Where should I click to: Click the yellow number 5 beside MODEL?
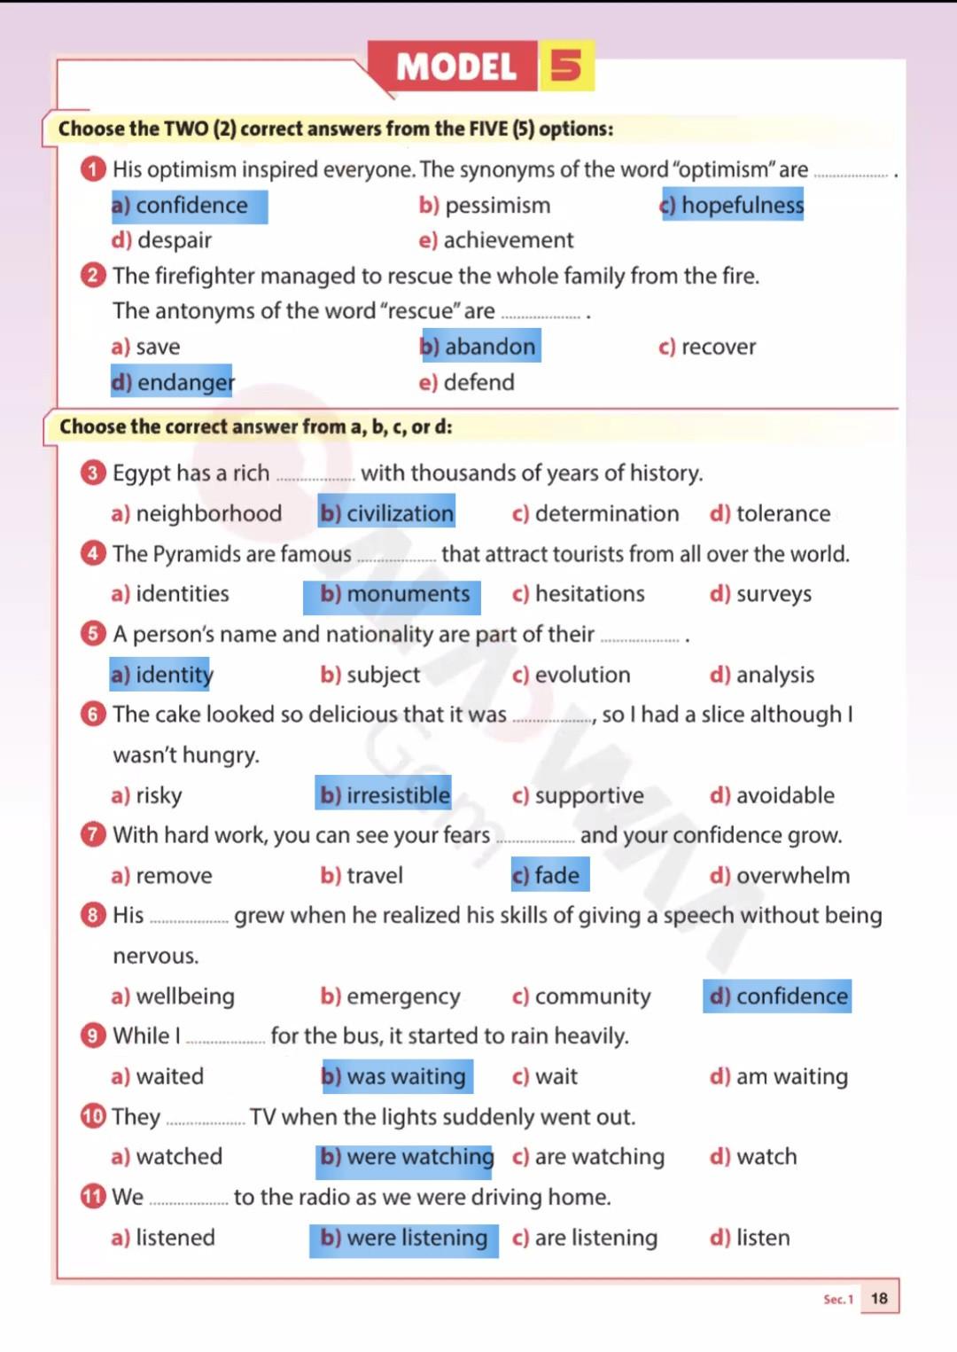(x=566, y=66)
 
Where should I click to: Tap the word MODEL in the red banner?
(x=455, y=66)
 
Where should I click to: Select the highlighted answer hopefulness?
(x=733, y=205)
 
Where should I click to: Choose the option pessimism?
(x=486, y=206)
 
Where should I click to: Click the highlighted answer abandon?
(x=479, y=347)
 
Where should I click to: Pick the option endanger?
(x=173, y=382)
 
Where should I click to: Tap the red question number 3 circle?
(x=93, y=473)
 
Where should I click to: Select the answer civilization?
(x=387, y=513)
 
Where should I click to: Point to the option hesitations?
(x=579, y=594)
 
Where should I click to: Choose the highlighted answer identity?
(x=162, y=675)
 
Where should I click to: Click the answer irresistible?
(x=385, y=795)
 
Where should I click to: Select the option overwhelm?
(x=780, y=876)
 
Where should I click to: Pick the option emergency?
(x=391, y=996)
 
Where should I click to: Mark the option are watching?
(x=588, y=1157)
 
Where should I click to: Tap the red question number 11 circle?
(x=93, y=1197)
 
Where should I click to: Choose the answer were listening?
(x=404, y=1238)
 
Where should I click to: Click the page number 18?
(x=879, y=1298)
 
